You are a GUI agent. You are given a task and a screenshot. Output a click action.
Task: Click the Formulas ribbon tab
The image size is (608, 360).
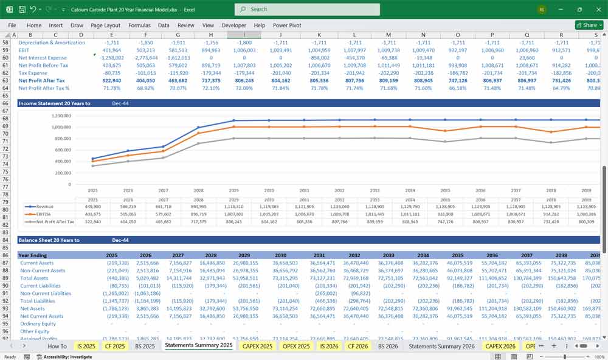139,26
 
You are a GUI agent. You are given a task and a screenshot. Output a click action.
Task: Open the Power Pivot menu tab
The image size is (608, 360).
288,26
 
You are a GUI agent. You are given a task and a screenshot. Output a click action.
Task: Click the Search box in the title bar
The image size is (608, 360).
307,10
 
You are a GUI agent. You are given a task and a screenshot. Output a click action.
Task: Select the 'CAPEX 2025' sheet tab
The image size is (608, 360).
258,346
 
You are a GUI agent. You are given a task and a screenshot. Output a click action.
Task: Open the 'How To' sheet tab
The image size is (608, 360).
57,346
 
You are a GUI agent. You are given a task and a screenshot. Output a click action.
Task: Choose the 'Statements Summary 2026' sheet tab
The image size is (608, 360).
441,346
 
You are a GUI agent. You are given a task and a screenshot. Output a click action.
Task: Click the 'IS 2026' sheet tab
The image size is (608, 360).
329,346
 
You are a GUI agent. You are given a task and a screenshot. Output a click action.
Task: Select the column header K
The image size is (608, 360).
319,35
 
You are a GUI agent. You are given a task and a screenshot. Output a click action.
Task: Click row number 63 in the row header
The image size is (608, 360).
5,80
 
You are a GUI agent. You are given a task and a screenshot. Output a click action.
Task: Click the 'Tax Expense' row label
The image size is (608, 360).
33,73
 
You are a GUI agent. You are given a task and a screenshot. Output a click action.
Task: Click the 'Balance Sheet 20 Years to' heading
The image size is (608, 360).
49,240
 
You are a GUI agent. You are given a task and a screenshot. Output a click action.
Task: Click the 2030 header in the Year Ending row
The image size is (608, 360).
280,255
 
